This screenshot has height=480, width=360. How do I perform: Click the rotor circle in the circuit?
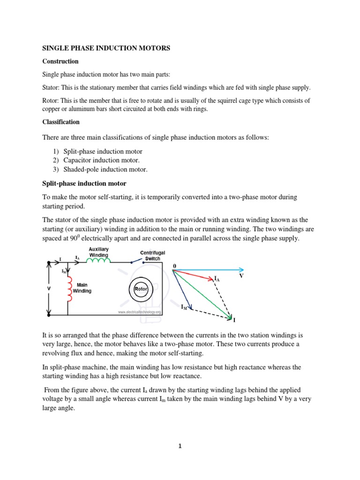pos(141,289)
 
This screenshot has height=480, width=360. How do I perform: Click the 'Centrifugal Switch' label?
pos(152,255)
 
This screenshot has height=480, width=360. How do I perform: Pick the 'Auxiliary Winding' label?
pos(99,252)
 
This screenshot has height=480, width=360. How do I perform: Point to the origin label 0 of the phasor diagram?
pos(174,266)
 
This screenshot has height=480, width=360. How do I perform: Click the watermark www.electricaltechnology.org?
pos(139,312)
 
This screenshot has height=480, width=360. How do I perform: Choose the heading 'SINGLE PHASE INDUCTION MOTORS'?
pos(106,48)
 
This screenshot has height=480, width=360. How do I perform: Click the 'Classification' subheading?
pos(61,122)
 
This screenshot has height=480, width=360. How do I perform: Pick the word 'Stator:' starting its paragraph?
pos(52,88)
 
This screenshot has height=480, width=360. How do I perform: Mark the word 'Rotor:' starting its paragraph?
pos(51,101)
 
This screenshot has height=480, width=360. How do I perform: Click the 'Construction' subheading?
pos(60,61)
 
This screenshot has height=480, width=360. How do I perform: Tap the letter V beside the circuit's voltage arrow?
pos(49,289)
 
